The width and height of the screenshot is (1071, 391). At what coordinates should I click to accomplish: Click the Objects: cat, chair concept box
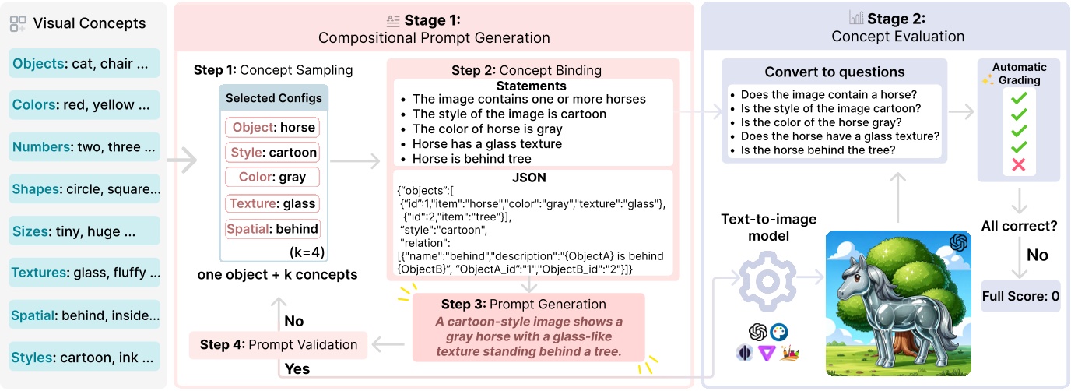(x=85, y=64)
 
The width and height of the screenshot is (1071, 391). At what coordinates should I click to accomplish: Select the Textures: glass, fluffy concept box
(x=85, y=273)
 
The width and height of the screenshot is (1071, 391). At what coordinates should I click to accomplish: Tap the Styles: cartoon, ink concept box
(x=85, y=357)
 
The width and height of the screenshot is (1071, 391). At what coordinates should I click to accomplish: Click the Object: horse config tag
(x=272, y=128)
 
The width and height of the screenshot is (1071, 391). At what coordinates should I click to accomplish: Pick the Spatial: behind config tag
(x=272, y=229)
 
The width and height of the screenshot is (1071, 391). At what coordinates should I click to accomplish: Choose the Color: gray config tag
(x=272, y=178)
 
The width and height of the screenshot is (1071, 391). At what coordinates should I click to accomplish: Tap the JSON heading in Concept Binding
(x=533, y=178)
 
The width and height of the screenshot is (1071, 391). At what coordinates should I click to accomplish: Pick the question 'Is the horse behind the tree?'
(x=817, y=150)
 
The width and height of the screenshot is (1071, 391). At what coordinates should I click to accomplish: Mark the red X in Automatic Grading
(x=1017, y=165)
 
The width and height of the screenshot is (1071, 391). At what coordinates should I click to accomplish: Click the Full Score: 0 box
(x=1020, y=297)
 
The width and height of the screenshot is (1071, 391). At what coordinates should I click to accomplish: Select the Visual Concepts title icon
(x=18, y=23)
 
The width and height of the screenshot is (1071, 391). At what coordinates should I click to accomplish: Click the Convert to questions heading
(x=834, y=72)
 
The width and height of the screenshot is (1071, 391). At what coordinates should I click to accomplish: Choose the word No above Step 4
(x=294, y=321)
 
